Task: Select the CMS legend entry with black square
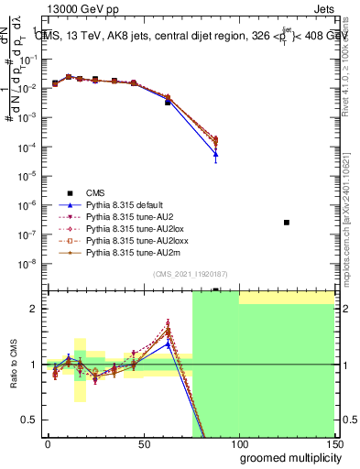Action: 95,192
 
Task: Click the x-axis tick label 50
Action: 143,444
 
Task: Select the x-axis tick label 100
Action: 238,444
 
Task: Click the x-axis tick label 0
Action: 48,444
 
